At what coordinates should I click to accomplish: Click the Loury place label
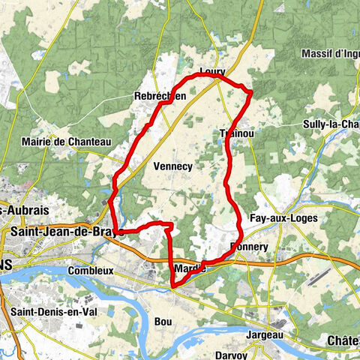[x=212, y=73]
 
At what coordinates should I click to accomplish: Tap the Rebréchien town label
[x=159, y=97]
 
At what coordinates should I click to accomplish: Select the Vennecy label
[x=172, y=166]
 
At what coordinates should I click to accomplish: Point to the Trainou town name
[x=235, y=133]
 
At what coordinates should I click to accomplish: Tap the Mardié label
[x=190, y=268]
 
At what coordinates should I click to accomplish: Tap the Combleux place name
[x=89, y=270]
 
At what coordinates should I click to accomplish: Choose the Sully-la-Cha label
[x=331, y=124]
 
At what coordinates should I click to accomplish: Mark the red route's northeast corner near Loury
[x=250, y=91]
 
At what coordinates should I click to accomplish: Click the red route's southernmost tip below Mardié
[x=172, y=286]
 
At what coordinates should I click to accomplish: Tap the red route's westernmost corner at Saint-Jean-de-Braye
[x=111, y=201]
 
